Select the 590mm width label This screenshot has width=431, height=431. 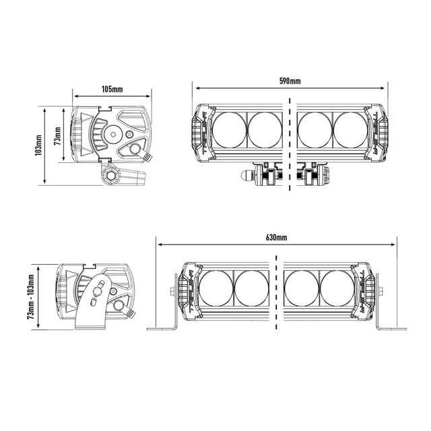click(290, 81)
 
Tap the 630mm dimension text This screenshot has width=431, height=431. click(276, 238)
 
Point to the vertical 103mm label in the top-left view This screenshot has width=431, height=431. click(38, 145)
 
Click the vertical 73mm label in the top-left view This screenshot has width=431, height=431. click(57, 137)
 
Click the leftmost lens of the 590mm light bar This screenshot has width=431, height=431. click(231, 129)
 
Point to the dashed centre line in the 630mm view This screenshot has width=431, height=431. click(277, 290)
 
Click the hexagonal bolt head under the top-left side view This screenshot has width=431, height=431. click(108, 177)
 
